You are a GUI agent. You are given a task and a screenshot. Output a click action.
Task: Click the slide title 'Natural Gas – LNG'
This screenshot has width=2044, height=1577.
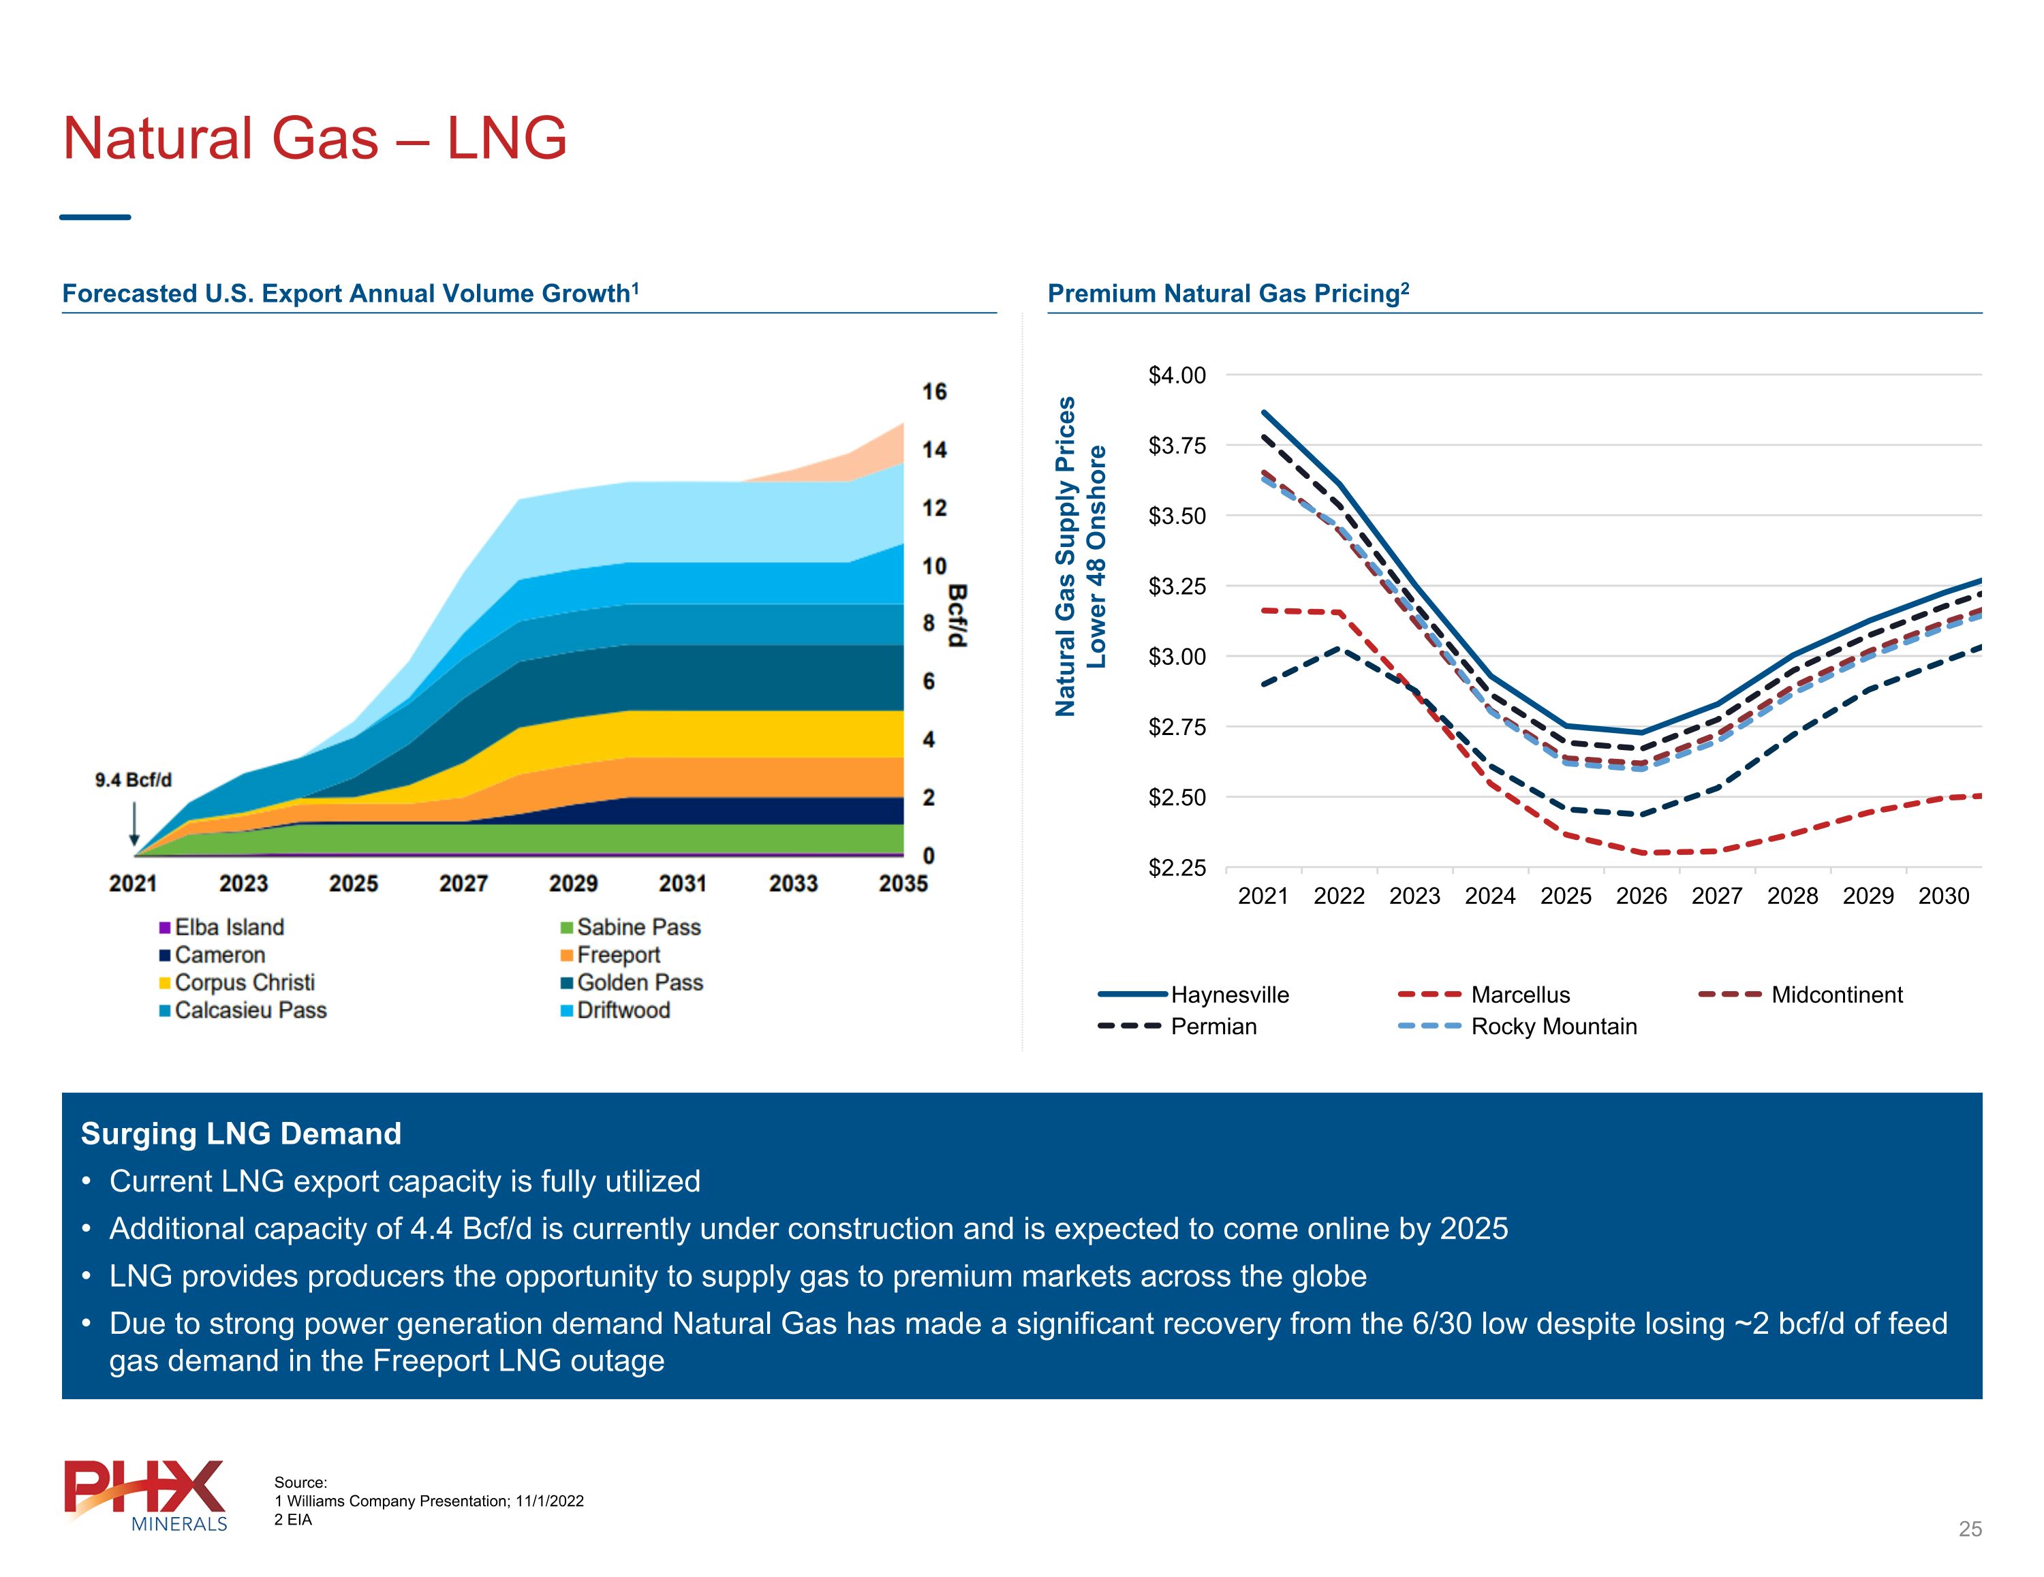[315, 138]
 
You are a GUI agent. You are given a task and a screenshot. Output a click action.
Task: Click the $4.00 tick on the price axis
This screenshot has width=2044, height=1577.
[1177, 375]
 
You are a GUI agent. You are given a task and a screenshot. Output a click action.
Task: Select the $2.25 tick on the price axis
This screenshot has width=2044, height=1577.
[1177, 868]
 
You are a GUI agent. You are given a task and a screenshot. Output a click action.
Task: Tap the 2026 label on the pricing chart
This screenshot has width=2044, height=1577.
[1641, 896]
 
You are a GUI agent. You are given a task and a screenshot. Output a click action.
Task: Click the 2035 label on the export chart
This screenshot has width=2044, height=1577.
[903, 884]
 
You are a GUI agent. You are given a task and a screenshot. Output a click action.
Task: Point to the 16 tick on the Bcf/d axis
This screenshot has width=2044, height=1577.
[934, 391]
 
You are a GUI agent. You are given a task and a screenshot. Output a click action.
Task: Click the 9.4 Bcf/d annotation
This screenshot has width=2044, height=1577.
[134, 779]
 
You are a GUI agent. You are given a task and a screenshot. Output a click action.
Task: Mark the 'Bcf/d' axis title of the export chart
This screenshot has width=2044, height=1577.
[957, 615]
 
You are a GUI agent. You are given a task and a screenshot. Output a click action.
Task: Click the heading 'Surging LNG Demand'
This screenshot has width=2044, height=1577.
[241, 1134]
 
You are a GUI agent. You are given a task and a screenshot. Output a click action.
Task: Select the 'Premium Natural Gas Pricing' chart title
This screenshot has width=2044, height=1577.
[1228, 293]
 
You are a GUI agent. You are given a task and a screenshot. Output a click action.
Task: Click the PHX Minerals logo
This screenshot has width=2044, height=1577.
[145, 1495]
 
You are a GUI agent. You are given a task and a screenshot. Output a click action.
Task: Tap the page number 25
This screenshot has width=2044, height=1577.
[1970, 1529]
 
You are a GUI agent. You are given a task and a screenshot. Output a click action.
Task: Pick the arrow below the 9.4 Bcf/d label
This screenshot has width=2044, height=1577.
[135, 824]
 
